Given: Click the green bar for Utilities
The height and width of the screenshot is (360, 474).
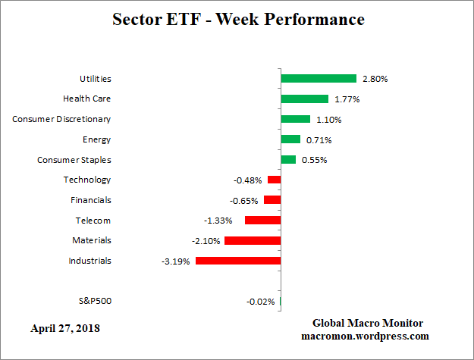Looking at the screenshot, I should point(319,78).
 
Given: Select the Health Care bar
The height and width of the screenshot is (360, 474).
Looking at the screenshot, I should point(304,99).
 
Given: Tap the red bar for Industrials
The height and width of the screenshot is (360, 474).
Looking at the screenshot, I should point(238,261).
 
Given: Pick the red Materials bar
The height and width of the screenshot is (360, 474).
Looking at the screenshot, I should point(253,240).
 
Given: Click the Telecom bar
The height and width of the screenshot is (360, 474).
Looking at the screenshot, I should point(262,220).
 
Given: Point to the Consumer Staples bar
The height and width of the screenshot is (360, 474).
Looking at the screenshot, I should point(288,159).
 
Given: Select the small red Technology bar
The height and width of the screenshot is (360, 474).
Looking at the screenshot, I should point(274,180).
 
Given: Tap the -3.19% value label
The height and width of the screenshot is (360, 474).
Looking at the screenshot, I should point(175,261).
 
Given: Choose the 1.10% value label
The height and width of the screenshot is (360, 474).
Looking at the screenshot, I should point(328,120).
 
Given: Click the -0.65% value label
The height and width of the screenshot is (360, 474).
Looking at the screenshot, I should point(243,201).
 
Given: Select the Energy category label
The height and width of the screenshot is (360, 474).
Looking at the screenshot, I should point(96,139).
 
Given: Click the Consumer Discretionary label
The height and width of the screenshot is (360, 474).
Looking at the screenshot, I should point(61,119).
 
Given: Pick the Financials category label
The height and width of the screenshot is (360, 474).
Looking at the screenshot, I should point(90,200).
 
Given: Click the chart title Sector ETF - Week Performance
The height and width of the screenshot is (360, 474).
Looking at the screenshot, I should point(237,20).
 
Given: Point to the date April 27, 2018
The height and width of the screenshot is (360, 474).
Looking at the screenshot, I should point(65,329).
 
